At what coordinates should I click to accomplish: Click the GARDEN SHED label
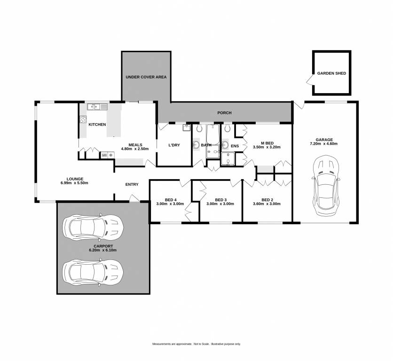[331, 73]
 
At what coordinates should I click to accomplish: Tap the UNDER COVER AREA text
[146, 77]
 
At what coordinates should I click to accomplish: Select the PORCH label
[224, 113]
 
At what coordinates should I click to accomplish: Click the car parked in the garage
[326, 186]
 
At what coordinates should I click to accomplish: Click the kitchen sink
[97, 107]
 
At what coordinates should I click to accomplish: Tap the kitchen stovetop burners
[83, 119]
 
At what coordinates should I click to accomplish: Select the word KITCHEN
[97, 125]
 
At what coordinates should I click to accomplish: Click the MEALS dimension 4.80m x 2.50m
[135, 149]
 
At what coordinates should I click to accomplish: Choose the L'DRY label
[174, 145]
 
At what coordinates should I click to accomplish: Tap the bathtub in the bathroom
[213, 134]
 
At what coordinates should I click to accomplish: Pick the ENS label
[235, 146]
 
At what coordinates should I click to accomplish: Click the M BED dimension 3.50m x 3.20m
[267, 147]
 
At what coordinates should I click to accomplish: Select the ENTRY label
[132, 184]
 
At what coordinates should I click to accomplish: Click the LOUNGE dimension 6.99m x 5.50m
[74, 183]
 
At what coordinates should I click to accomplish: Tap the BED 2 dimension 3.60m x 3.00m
[267, 204]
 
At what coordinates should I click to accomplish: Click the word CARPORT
[103, 246]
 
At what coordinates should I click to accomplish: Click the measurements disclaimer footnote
[196, 344]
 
